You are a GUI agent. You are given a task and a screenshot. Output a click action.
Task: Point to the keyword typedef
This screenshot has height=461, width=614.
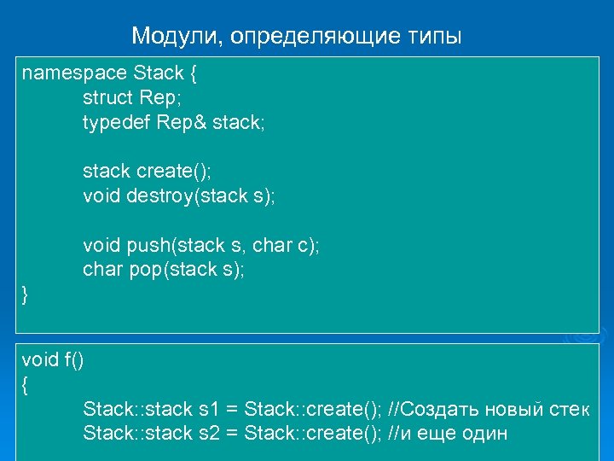116,122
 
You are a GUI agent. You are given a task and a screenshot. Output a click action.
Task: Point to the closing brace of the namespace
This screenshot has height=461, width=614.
25,295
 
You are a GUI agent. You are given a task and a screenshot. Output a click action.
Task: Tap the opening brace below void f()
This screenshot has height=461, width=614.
25,385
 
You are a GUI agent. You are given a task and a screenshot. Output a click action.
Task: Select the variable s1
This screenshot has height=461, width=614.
208,409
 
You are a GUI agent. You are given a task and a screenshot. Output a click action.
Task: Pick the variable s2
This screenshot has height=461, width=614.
208,434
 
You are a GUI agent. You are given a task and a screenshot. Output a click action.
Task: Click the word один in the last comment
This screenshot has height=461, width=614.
484,434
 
